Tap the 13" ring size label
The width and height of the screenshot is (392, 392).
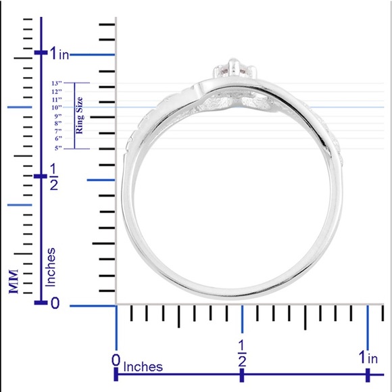click(x=56, y=83)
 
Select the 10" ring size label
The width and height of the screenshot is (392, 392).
click(x=56, y=107)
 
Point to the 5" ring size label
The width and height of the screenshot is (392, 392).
click(x=58, y=147)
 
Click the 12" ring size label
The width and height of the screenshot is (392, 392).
click(x=56, y=91)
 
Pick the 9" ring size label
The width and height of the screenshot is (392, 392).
click(x=58, y=116)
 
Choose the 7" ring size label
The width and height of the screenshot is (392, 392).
click(x=58, y=130)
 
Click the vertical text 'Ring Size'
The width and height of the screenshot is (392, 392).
click(x=79, y=116)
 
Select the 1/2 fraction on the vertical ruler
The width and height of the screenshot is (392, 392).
click(x=53, y=176)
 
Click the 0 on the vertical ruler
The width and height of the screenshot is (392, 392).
click(x=55, y=304)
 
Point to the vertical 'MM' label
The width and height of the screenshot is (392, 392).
click(x=13, y=278)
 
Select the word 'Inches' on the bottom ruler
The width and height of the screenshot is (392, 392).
click(x=143, y=367)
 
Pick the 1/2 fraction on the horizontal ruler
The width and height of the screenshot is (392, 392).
click(x=241, y=352)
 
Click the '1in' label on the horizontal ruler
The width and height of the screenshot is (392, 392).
click(x=368, y=357)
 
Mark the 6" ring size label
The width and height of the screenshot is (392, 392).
click(x=58, y=139)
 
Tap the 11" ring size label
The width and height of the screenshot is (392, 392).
click(x=56, y=99)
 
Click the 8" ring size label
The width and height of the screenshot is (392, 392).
click(x=58, y=123)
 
